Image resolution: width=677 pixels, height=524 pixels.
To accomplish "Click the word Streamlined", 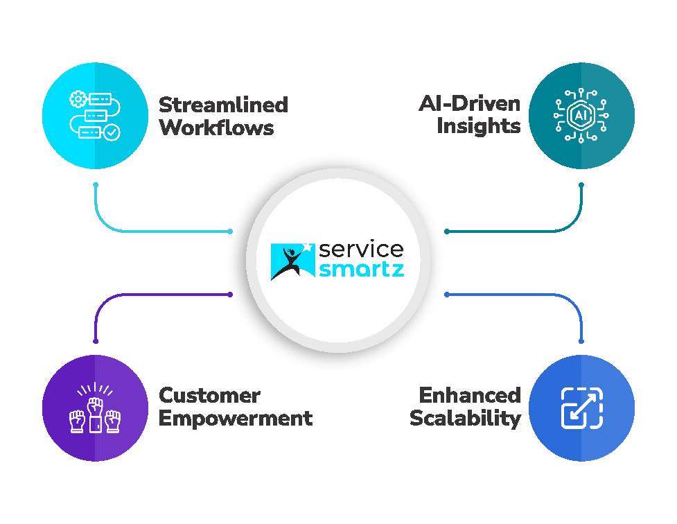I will coord(223,105).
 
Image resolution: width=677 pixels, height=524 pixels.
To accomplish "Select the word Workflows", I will coord(216,128).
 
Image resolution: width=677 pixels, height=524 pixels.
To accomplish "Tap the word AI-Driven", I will coord(469,105).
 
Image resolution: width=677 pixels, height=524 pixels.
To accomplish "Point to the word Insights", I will coord(478,127).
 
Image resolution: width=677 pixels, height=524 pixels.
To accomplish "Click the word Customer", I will coord(210,396).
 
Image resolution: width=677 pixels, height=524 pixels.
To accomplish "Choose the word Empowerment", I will coord(236,419).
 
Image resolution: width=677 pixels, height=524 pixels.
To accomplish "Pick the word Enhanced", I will coord(470,396).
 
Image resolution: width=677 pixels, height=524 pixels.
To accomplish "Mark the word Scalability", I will coord(465,419).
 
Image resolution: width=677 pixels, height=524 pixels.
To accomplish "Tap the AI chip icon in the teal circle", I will coord(581,116).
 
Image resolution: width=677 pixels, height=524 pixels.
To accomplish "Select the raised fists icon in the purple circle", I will coord(95,408).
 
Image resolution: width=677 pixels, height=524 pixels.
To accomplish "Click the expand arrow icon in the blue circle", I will coord(581,408).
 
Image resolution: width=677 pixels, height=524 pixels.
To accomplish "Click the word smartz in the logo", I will coord(361,269).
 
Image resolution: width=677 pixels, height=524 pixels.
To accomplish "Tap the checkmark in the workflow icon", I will coord(110,132).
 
